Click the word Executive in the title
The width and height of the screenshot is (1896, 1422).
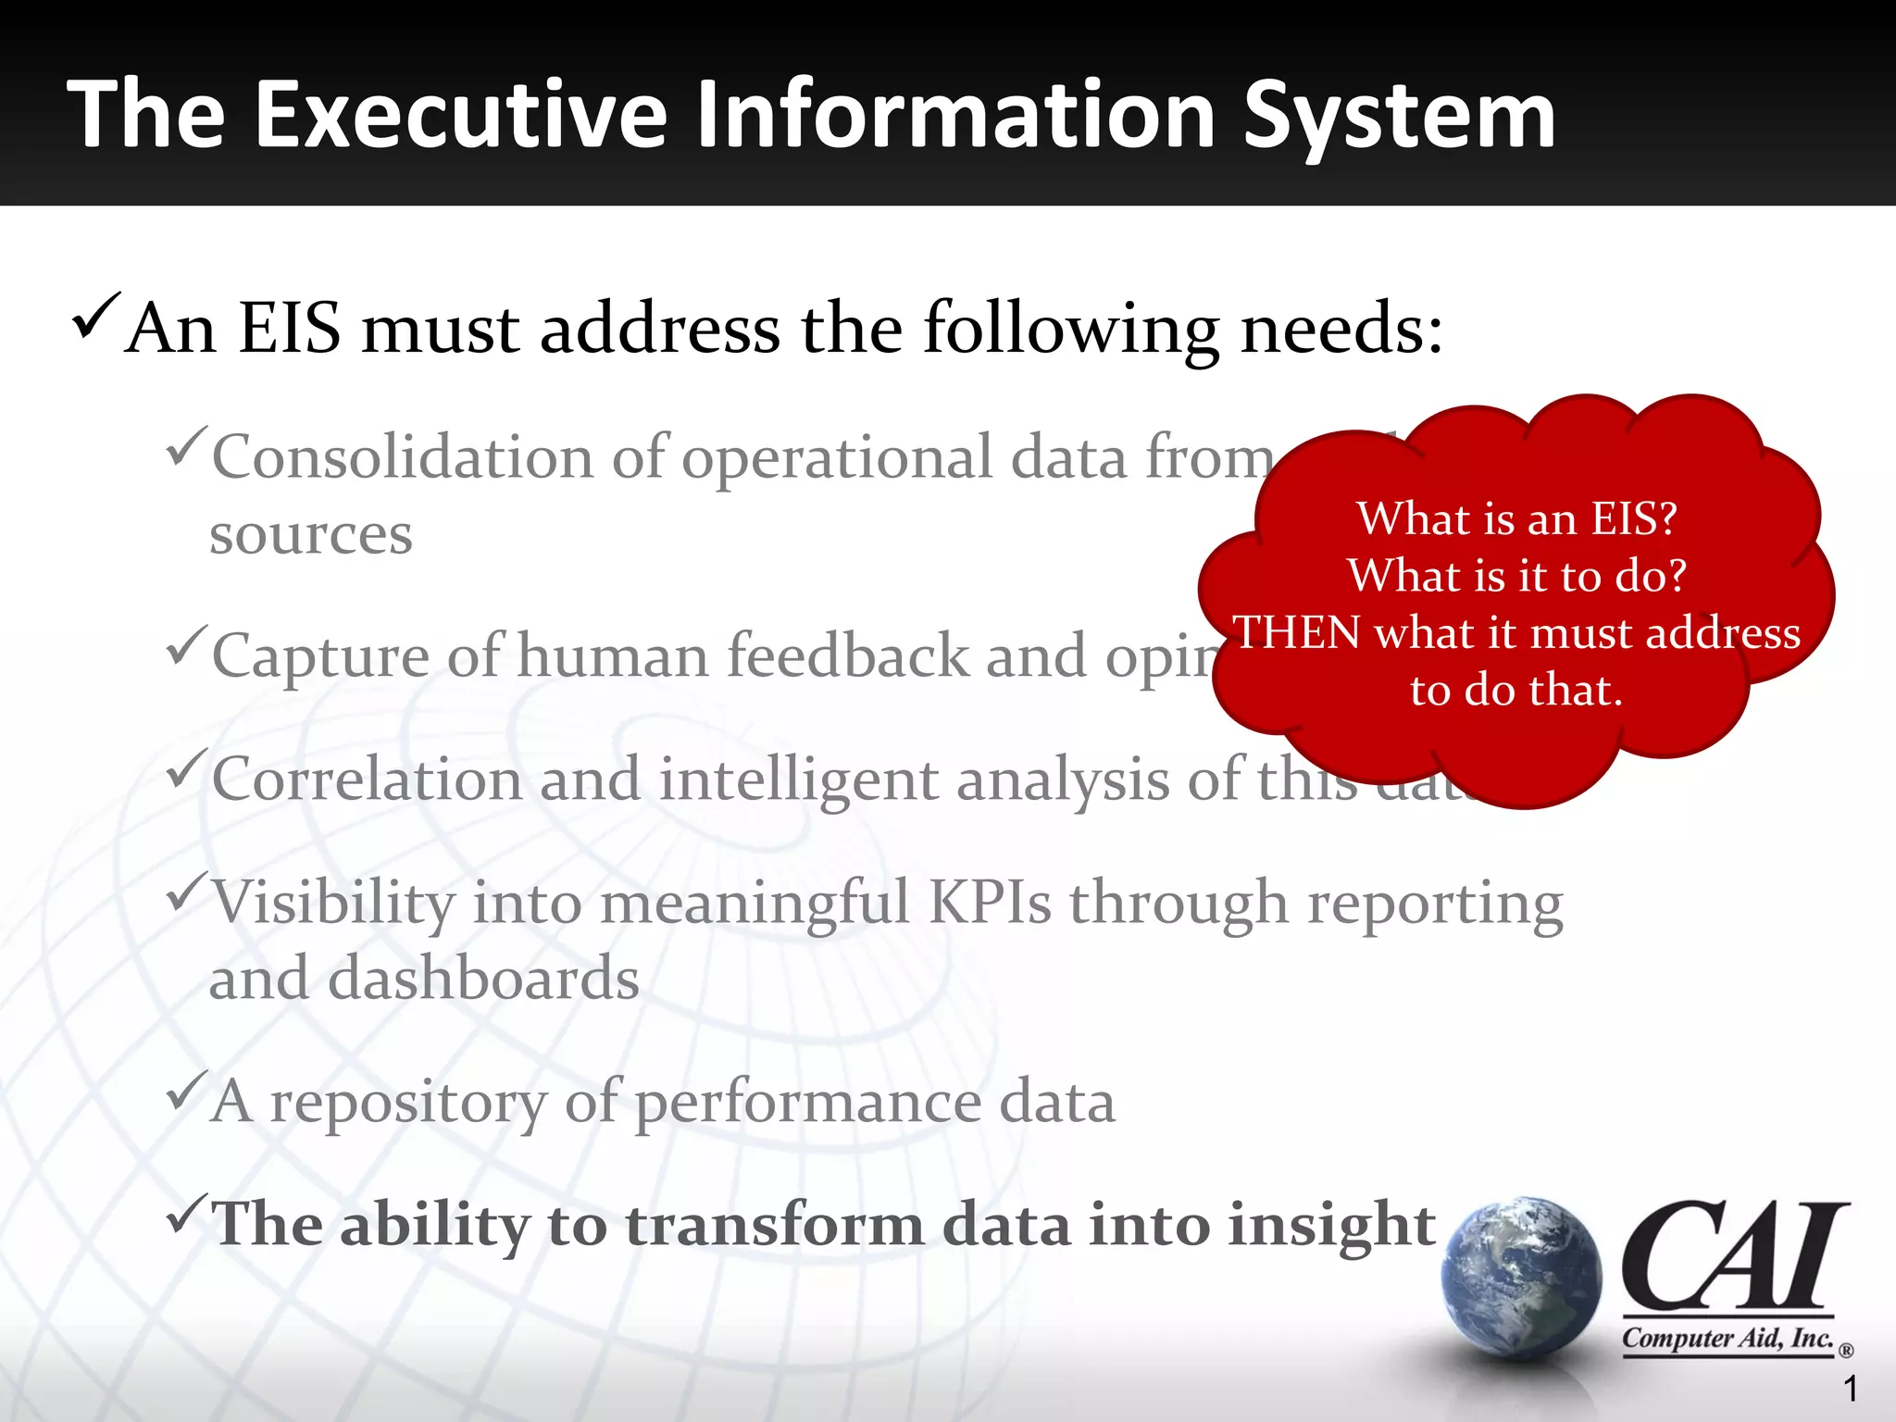point(460,115)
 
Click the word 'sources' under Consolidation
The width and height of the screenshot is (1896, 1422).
point(310,535)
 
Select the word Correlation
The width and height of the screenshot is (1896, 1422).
point(367,780)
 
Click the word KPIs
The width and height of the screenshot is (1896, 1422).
point(989,902)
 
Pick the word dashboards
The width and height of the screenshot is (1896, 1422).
point(483,979)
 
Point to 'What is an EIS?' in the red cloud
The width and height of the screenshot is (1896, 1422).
point(1516,518)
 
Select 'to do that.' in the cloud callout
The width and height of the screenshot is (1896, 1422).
point(1516,691)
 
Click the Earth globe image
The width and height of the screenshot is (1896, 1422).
point(1521,1279)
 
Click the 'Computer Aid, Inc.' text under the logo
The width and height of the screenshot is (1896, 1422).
point(1728,1339)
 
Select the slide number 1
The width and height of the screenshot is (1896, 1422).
point(1850,1389)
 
